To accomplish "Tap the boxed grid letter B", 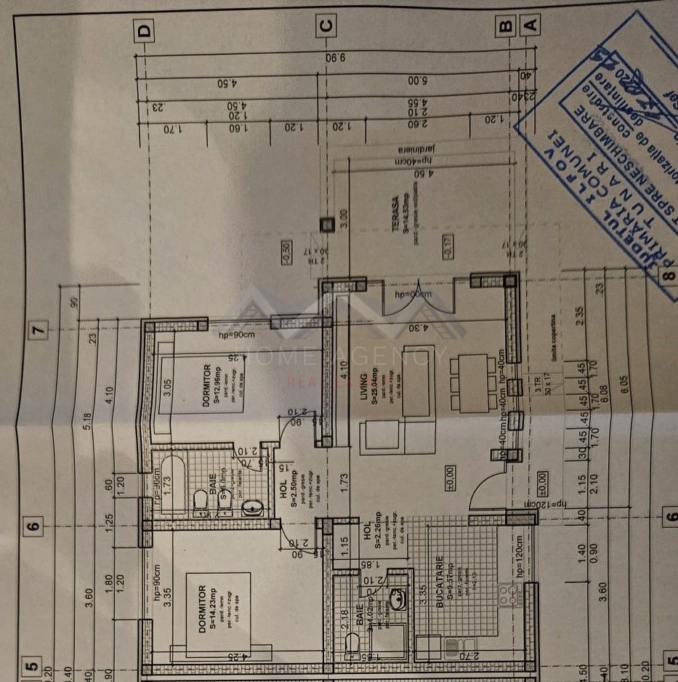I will [505, 27].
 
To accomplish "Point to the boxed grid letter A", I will [530, 26].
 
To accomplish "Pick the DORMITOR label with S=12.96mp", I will [206, 385].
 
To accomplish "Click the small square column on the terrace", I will [327, 223].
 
